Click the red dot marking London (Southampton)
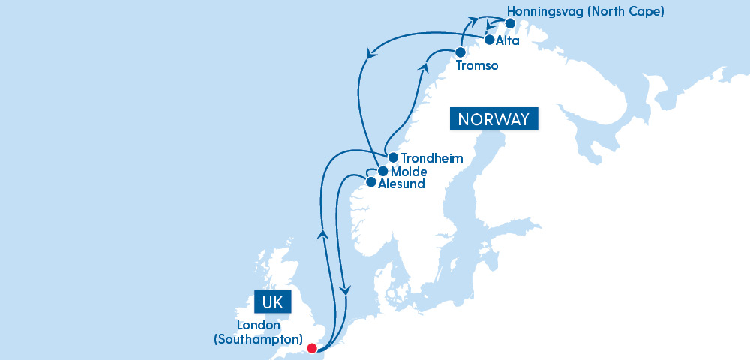coord(312,347)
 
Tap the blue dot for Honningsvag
coord(511,22)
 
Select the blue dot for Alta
coord(489,40)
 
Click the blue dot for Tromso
coord(460,52)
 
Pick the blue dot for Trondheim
coord(393,157)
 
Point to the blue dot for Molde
coord(382,171)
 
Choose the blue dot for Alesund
coord(370,181)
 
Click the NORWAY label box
coord(494,119)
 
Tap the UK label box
coord(271,301)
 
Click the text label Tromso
coord(478,66)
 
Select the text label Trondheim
coord(432,158)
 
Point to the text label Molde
coord(409,172)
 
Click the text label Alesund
coord(402,184)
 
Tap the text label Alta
coord(508,41)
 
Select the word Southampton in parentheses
coord(259,339)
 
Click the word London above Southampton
coord(258,325)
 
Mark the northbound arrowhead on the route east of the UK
coord(322,234)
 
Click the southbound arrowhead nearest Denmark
coord(345,289)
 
